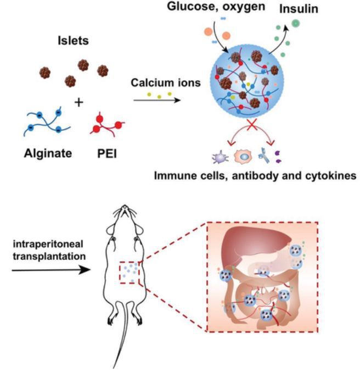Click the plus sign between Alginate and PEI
pyautogui.click(x=80, y=103)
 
